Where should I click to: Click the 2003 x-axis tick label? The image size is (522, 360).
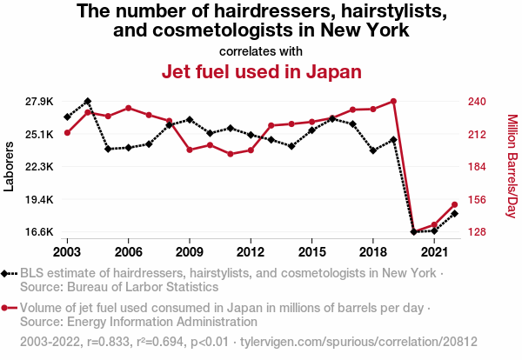(x=67, y=251)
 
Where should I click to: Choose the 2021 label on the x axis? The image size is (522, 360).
(x=434, y=251)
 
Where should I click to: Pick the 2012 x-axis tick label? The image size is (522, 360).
(x=251, y=251)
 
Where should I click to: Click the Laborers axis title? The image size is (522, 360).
(x=10, y=166)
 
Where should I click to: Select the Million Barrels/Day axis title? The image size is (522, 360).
(x=512, y=166)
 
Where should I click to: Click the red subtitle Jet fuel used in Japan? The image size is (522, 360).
(x=261, y=70)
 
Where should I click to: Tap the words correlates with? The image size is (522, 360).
(x=261, y=50)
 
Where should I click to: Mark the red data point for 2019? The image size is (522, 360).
(x=393, y=101)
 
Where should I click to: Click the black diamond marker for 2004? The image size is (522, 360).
(x=88, y=102)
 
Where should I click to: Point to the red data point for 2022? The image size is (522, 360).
(x=454, y=204)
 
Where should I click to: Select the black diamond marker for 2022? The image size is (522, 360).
(x=454, y=213)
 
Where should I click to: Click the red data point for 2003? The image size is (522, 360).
(x=67, y=132)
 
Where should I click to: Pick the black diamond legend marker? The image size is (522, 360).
(x=9, y=273)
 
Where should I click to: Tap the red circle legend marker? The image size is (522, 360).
(x=9, y=307)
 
